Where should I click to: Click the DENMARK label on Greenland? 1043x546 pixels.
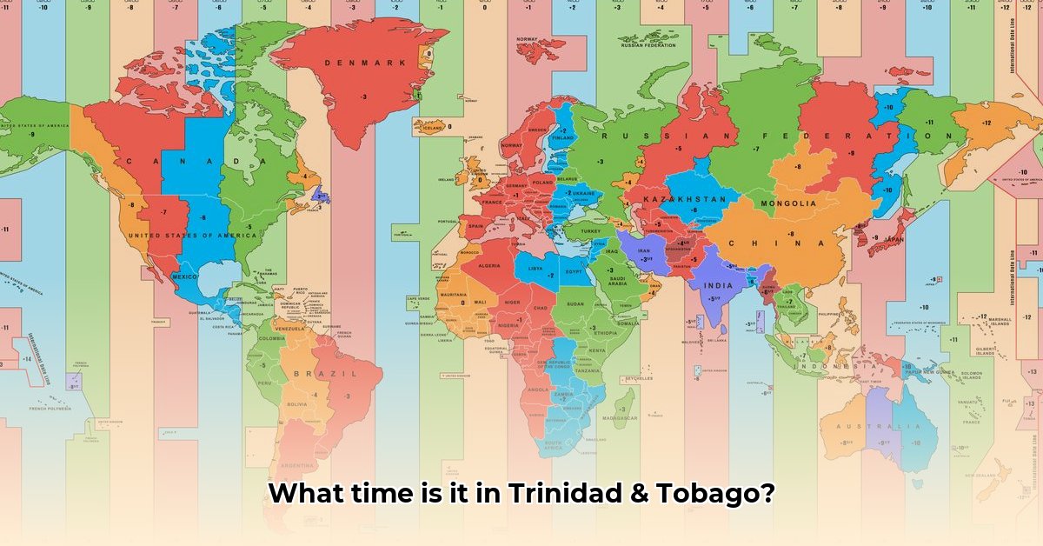click(x=365, y=63)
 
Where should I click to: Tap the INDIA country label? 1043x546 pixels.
click(x=718, y=285)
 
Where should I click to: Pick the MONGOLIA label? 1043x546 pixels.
click(x=787, y=203)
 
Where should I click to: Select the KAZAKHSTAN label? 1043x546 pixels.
click(x=684, y=199)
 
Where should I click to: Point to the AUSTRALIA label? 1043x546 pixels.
click(x=879, y=427)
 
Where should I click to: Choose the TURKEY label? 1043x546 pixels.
click(x=591, y=231)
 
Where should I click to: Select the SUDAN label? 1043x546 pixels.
click(x=575, y=304)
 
